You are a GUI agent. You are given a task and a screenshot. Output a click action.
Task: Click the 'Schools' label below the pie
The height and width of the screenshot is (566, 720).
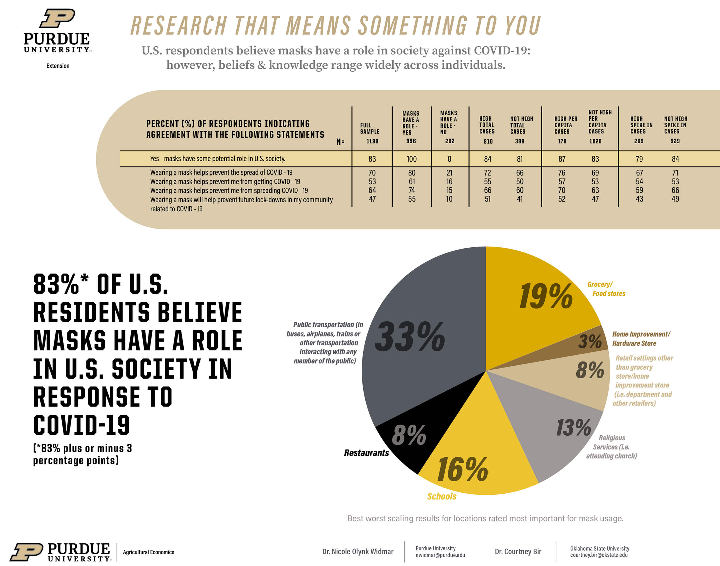(x=441, y=496)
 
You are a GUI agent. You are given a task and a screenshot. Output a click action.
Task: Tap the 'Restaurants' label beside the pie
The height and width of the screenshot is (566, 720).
(x=366, y=453)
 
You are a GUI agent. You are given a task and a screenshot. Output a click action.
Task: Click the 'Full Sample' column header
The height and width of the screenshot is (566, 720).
(x=369, y=128)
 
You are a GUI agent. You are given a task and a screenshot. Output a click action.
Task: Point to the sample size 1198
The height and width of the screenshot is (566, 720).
(x=372, y=141)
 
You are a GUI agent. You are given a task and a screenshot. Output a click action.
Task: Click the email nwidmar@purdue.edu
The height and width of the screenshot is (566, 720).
(x=440, y=555)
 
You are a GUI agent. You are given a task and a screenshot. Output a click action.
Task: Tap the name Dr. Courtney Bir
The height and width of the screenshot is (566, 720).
(x=518, y=551)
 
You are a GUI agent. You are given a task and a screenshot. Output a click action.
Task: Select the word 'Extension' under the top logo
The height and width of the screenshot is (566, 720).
(x=58, y=66)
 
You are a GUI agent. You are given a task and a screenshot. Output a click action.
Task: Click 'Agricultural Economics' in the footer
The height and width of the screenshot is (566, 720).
(x=148, y=552)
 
